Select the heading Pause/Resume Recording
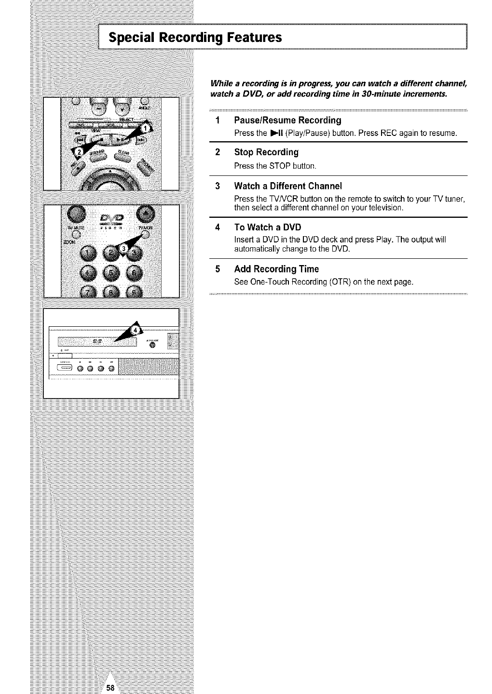pos(287,120)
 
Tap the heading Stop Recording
pos(266,152)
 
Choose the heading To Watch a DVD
pos(267,227)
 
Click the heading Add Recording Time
pos(276,269)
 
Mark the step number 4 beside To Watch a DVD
pos(218,227)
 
